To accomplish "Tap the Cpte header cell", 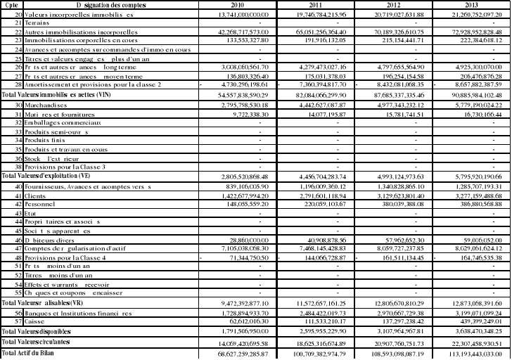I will pyautogui.click(x=12, y=4).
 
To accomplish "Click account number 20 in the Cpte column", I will pyautogui.click(x=18, y=14).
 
